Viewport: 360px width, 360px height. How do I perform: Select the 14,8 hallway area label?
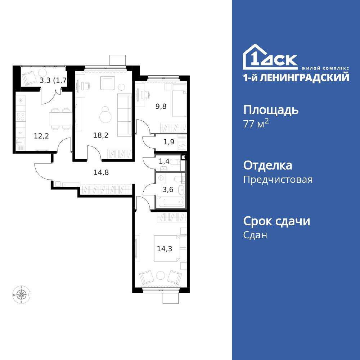(x=101, y=172)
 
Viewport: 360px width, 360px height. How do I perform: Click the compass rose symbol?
(x=22, y=295)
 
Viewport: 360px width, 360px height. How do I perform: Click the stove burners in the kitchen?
(x=21, y=116)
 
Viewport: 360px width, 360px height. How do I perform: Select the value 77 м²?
(x=256, y=124)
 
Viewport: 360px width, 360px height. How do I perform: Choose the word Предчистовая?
(x=278, y=180)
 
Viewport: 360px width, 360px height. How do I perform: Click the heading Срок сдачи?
(x=276, y=221)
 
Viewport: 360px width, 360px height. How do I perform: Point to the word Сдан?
(x=255, y=235)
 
